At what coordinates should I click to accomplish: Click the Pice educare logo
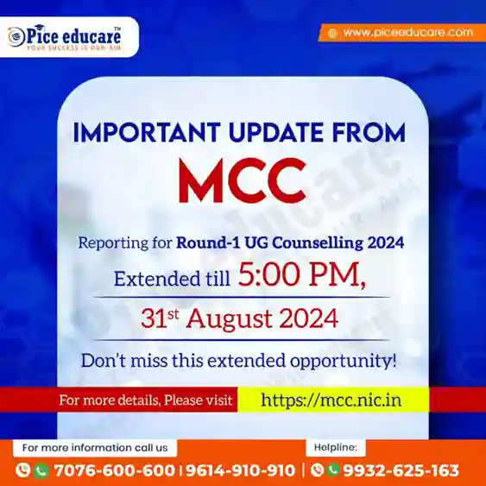coord(65,37)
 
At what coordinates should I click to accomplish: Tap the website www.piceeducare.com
coord(408,33)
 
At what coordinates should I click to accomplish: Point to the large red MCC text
coord(243,180)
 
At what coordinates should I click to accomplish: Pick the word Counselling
coord(318,243)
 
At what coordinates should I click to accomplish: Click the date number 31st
coord(160,319)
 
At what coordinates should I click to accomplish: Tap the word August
coord(229,319)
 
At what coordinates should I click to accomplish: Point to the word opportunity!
coord(343,362)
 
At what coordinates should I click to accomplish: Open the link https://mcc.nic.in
coord(331,400)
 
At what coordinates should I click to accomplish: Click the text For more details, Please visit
coord(146,400)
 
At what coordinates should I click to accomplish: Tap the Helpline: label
coord(336,447)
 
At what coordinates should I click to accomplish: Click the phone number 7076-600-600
coord(114,470)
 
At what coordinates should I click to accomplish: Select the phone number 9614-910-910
coord(240,470)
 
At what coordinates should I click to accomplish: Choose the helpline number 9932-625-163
coord(401,470)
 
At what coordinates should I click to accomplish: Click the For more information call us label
coord(95,447)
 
